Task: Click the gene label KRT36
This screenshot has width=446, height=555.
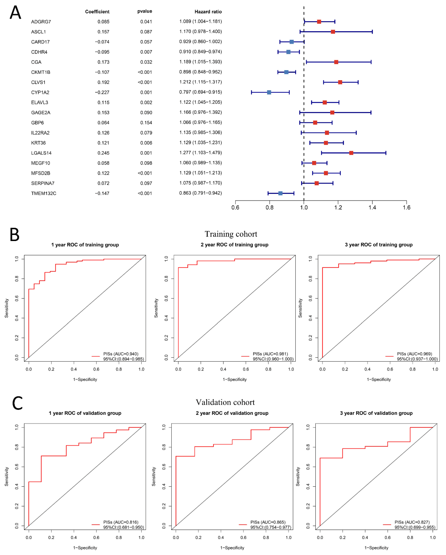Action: coord(38,143)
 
